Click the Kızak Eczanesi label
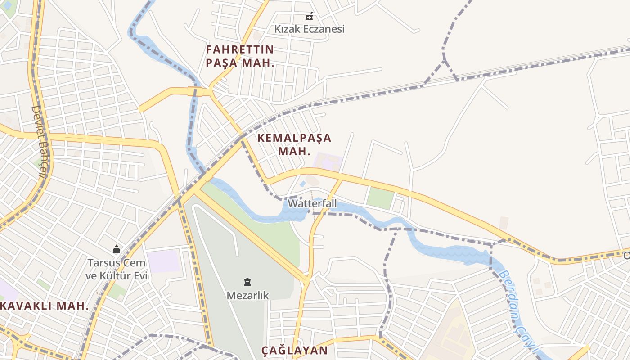(x=310, y=29)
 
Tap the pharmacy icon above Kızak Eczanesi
(x=309, y=16)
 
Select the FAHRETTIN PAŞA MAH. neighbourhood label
(x=240, y=56)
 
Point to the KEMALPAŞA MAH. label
(x=294, y=144)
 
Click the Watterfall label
(x=312, y=203)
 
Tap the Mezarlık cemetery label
(x=247, y=296)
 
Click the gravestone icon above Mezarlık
(x=247, y=283)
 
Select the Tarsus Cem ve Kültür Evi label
(x=117, y=269)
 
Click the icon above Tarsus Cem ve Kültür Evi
(x=117, y=249)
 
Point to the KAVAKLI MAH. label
(x=45, y=306)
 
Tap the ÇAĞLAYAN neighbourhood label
(x=295, y=351)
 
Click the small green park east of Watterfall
(x=380, y=198)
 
